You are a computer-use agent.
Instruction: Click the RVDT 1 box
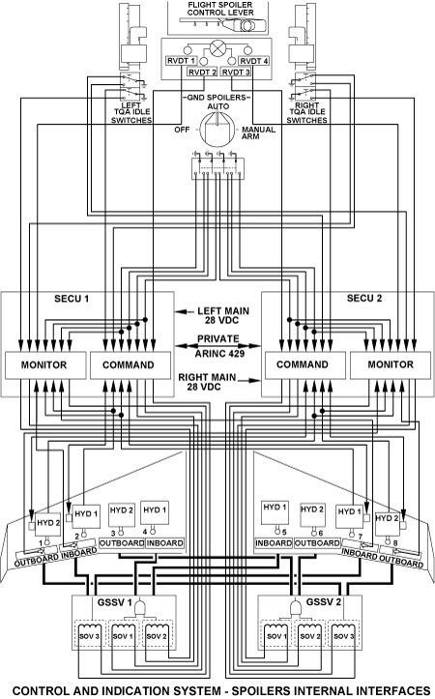[181, 61]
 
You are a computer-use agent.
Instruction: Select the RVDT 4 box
[253, 61]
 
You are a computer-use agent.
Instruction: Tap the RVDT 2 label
[202, 72]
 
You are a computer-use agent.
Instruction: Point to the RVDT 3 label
[236, 72]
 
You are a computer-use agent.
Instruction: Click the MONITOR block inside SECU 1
[45, 365]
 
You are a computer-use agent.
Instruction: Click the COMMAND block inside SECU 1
[130, 365]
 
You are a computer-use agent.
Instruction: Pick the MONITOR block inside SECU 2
[390, 365]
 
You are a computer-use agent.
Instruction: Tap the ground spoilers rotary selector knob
[217, 130]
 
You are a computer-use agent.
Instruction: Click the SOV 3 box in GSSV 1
[90, 636]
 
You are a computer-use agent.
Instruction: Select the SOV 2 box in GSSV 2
[309, 636]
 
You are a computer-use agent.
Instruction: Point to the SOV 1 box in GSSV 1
[124, 636]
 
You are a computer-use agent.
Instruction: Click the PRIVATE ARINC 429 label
[218, 346]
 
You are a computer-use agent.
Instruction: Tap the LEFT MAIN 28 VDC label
[223, 315]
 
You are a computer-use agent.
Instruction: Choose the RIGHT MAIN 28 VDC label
[207, 382]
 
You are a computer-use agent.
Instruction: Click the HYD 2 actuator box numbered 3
[122, 514]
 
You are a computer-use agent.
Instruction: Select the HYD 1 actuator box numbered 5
[275, 513]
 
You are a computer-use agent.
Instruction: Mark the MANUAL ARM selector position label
[258, 132]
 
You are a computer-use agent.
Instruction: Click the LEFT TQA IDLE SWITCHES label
[131, 113]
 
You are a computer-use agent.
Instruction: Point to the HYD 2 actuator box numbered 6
[312, 514]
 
